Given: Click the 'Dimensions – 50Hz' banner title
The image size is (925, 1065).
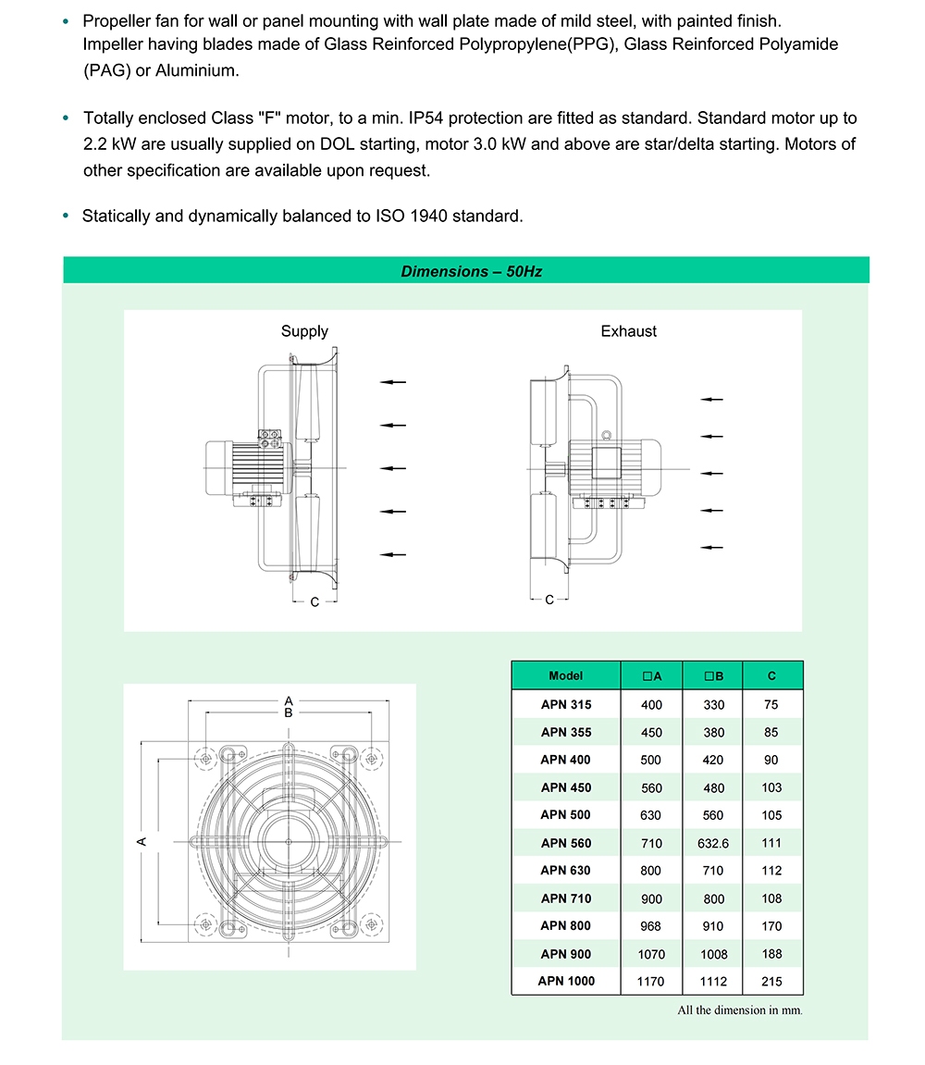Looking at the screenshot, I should pyautogui.click(x=471, y=271).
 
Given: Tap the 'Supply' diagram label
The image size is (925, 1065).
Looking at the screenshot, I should pyautogui.click(x=304, y=331).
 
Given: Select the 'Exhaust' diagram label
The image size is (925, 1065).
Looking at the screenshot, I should pyautogui.click(x=629, y=331).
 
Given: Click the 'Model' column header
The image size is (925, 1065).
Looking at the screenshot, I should pyautogui.click(x=565, y=675).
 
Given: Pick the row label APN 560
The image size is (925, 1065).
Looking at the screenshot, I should pyautogui.click(x=566, y=843).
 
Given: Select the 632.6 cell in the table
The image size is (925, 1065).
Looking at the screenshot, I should pyautogui.click(x=713, y=843).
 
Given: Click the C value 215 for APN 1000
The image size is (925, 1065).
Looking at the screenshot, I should pyautogui.click(x=772, y=982).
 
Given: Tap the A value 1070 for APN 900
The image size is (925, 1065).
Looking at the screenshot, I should pyautogui.click(x=651, y=954).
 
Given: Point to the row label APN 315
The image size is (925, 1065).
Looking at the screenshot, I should pyautogui.click(x=566, y=704).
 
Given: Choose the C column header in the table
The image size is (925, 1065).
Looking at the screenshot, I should pyautogui.click(x=772, y=676).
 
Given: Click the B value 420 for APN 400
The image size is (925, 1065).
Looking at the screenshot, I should pyautogui.click(x=713, y=760).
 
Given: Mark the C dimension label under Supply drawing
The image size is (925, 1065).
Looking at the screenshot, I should pyautogui.click(x=314, y=602).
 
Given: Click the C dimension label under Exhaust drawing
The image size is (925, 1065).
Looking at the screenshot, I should pyautogui.click(x=549, y=600).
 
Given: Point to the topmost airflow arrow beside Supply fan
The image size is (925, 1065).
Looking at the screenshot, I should pyautogui.click(x=393, y=382).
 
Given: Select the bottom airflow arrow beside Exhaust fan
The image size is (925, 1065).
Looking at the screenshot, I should pyautogui.click(x=711, y=547).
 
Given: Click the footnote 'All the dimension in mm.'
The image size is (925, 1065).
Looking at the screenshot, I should pyautogui.click(x=740, y=1009).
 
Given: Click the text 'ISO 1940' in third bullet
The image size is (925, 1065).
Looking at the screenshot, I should pyautogui.click(x=408, y=217).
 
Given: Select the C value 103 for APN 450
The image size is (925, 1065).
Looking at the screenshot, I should pyautogui.click(x=772, y=787).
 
